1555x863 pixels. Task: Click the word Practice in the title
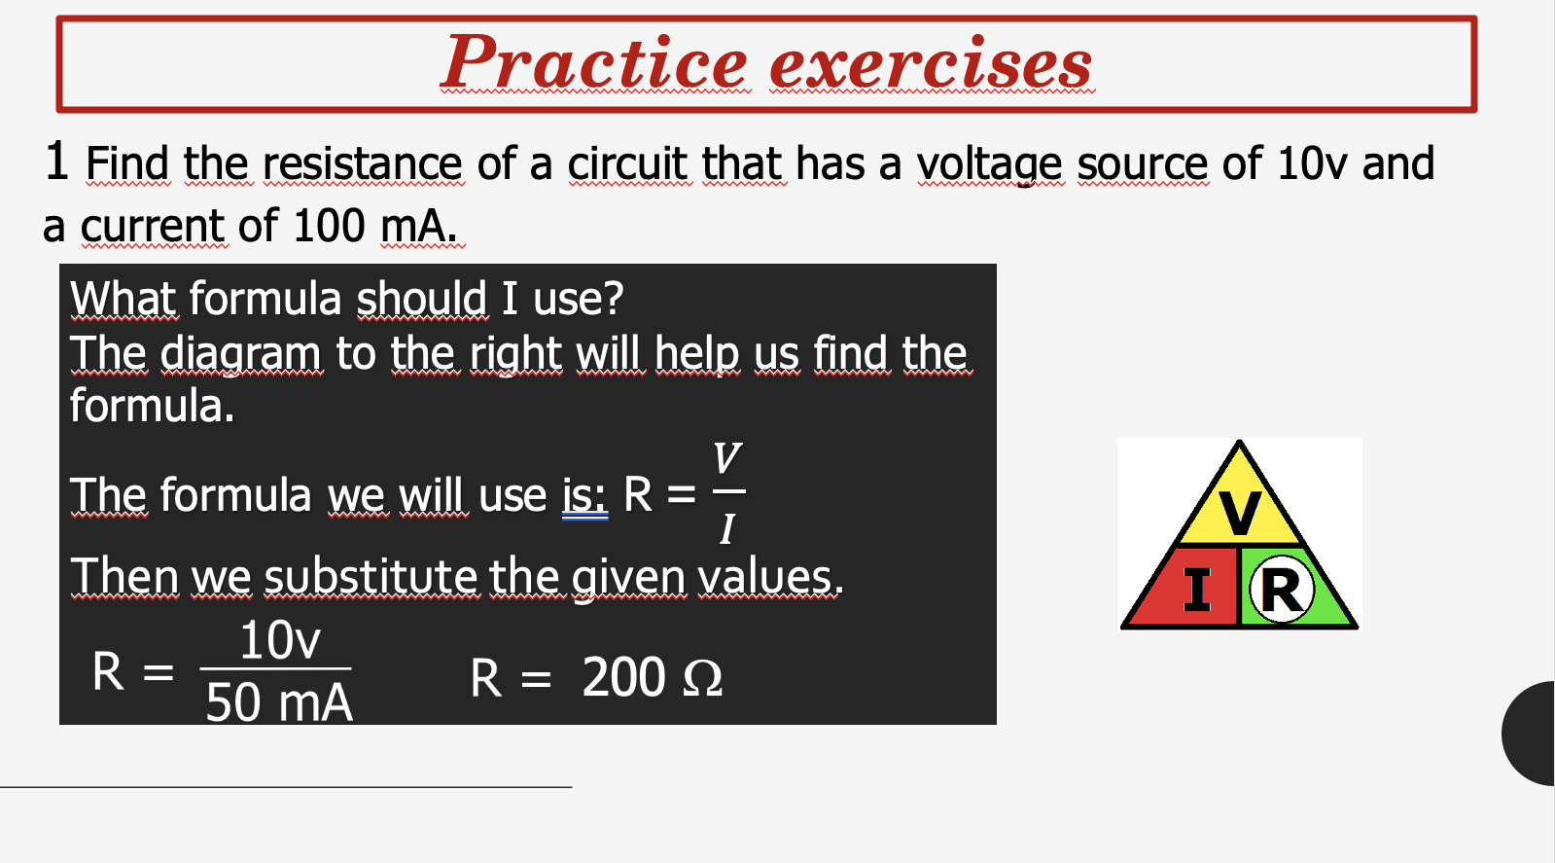pos(594,63)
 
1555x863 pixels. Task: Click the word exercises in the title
pos(932,65)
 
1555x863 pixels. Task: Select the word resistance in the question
pos(362,163)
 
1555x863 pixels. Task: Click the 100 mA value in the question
pos(374,226)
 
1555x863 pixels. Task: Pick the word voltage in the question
pos(990,163)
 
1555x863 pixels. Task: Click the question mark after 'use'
pos(613,299)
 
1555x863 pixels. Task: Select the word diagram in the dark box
pos(240,353)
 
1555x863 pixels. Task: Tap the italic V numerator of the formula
pos(726,457)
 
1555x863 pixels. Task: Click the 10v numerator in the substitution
pos(279,640)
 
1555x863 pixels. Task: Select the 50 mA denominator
pos(279,701)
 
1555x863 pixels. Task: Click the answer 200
pos(623,677)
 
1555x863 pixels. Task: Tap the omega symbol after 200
pos(702,678)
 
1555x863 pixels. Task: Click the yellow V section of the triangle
pos(1239,512)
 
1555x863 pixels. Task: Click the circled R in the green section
pos(1281,589)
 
